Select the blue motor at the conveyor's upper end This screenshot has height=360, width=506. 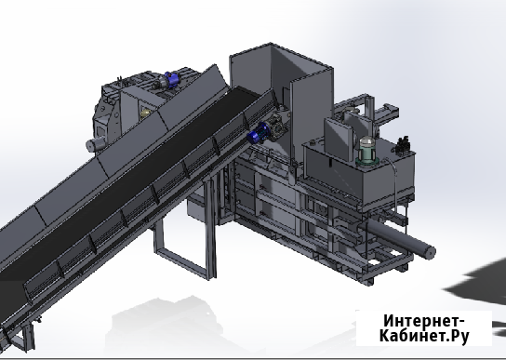pos(258,134)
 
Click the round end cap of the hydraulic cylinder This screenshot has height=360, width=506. pos(429,252)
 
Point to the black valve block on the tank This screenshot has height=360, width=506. pos(403,144)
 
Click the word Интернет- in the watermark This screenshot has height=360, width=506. pos(424,321)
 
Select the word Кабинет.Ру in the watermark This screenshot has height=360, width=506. pos(424,336)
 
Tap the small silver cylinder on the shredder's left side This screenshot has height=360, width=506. pos(96,143)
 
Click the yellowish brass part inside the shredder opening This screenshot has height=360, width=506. pos(145,113)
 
